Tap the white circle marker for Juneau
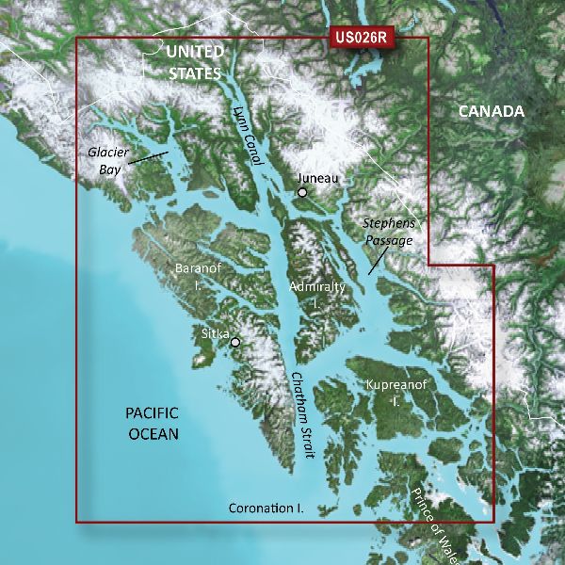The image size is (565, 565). pos(302,193)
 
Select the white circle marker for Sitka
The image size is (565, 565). pos(235,343)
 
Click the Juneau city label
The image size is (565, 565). pos(316,177)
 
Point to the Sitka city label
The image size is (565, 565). pos(215,332)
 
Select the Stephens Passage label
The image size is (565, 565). pos(388,233)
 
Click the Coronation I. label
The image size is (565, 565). pos(266,508)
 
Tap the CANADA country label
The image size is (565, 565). pos(491,111)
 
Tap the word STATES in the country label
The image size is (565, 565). pos(195,72)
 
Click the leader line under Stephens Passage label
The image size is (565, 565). pos(379,260)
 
